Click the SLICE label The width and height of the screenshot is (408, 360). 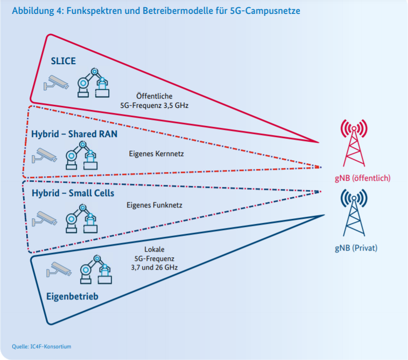pyautogui.click(x=63, y=61)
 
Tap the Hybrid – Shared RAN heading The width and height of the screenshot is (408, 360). pyautogui.click(x=74, y=135)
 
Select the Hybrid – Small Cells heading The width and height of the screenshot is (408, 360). pyautogui.click(x=73, y=194)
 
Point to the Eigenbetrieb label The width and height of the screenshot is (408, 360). pyautogui.click(x=72, y=297)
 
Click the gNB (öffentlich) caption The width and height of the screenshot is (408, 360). pyautogui.click(x=362, y=178)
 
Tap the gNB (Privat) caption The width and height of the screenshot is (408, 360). pyautogui.click(x=356, y=248)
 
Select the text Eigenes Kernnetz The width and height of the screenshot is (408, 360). pyautogui.click(x=153, y=153)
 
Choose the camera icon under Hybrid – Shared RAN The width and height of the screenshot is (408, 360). pyautogui.click(x=45, y=155)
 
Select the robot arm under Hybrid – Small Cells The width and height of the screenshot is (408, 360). pyautogui.click(x=82, y=217)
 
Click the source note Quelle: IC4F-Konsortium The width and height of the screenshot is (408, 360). pyautogui.click(x=42, y=347)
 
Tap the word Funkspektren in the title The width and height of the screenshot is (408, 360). pyautogui.click(x=86, y=11)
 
